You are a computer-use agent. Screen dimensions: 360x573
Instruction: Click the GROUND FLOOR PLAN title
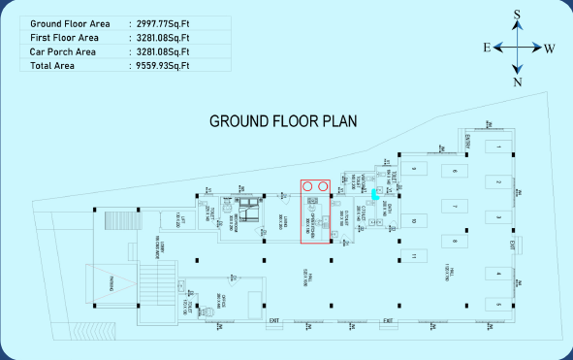[284, 121]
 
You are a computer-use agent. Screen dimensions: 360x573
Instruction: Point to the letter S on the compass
[518, 15]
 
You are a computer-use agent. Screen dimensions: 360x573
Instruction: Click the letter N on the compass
[518, 82]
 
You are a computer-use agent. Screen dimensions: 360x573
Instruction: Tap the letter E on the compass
[486, 48]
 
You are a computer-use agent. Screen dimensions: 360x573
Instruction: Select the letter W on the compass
[550, 48]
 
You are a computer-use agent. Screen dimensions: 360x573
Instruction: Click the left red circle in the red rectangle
[307, 186]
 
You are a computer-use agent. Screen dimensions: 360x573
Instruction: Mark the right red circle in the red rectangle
[322, 186]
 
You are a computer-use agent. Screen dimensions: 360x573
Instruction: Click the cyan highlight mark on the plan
[375, 192]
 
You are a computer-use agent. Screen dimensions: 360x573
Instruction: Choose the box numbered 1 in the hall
[497, 147]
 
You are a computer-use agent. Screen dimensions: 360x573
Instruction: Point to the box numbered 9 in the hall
[412, 169]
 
